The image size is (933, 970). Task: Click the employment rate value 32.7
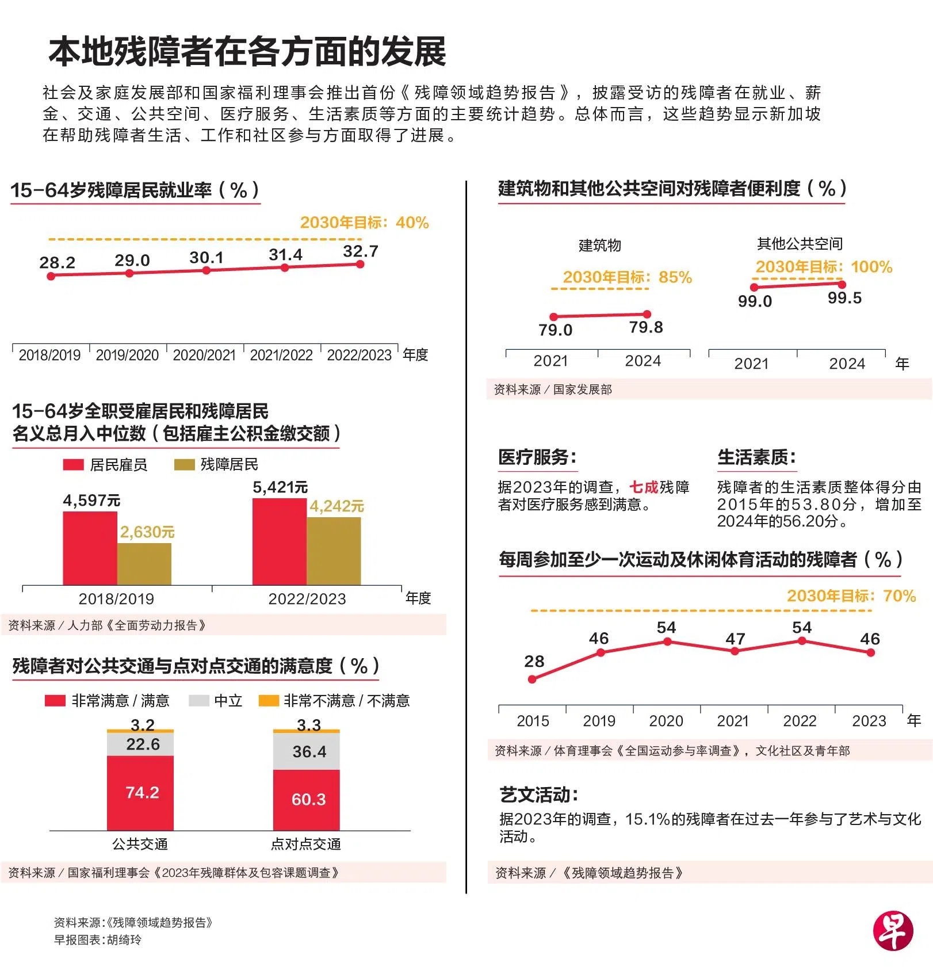pos(361,251)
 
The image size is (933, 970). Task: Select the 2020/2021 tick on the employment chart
pos(204,355)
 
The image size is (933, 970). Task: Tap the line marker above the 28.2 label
pos(51,276)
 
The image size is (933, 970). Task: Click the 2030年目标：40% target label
pos(364,223)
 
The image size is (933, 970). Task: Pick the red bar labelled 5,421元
pos(279,541)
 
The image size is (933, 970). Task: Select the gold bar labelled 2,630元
pos(144,564)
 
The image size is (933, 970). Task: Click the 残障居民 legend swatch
pos(184,465)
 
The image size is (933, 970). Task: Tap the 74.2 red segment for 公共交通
pos(140,793)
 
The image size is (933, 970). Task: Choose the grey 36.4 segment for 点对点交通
pos(307,751)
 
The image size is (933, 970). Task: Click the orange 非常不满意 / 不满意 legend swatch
pos(268,701)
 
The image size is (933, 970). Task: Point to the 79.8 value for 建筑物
pos(646,327)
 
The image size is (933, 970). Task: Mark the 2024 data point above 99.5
pos(842,284)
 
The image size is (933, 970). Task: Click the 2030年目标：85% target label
pos(627,277)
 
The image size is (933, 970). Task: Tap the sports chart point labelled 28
pos(532,679)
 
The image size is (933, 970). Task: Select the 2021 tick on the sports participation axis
pos(733,721)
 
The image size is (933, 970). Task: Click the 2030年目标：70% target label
pos(851,596)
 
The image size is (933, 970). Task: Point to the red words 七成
pos(644,487)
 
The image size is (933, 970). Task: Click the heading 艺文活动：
pos(539,795)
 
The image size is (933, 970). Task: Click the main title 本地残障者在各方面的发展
pos(247,52)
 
